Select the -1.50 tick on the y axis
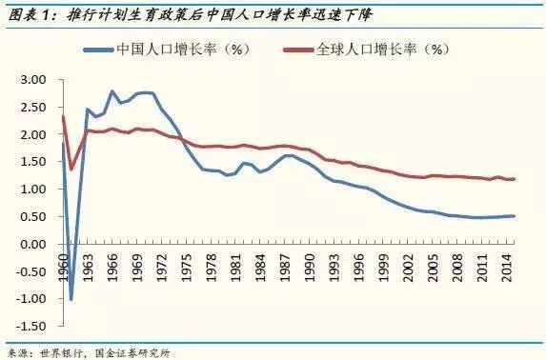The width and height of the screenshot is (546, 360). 32,327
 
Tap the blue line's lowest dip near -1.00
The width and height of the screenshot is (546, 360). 71,299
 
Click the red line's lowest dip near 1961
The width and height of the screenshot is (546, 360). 71,169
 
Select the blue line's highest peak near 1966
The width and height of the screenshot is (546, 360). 112,91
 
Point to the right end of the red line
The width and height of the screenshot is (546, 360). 515,179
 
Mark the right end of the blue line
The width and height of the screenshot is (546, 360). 515,216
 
